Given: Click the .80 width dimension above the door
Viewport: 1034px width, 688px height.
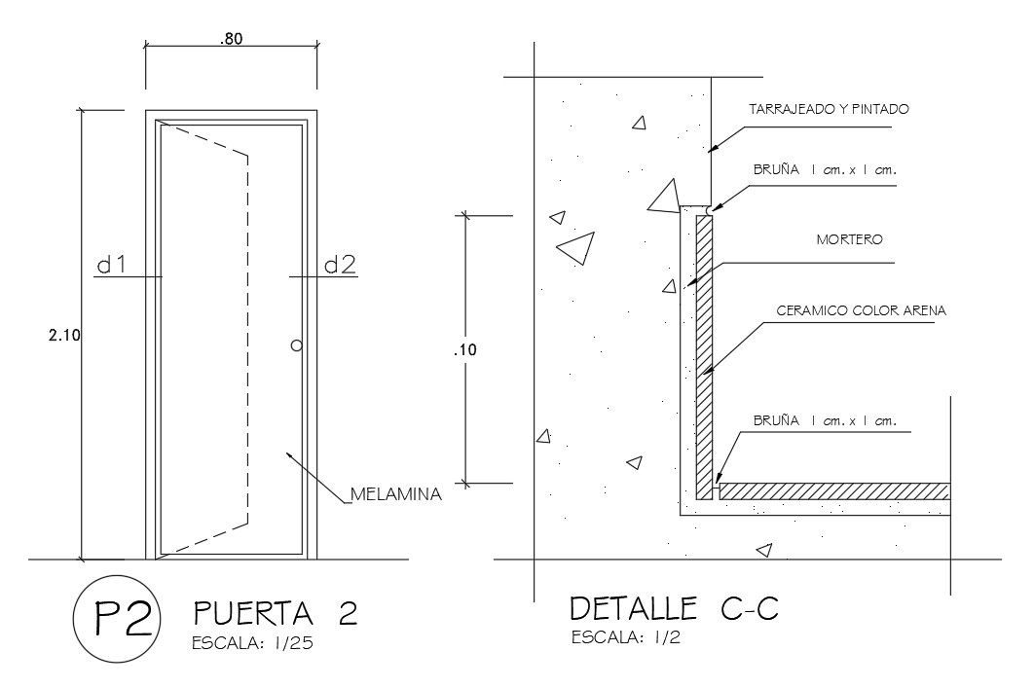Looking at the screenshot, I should click(x=231, y=40).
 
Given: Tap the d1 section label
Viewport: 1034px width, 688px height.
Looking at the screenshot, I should click(x=112, y=265).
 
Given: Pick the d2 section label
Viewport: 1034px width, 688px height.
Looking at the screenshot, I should click(x=340, y=265).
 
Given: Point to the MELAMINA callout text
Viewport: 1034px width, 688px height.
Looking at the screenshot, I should click(x=396, y=494).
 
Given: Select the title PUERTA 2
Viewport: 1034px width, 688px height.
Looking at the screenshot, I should click(x=277, y=612).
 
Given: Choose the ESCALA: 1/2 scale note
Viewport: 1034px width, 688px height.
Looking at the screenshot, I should click(x=625, y=638).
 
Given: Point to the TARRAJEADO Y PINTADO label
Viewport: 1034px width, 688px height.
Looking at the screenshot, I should click(x=829, y=109).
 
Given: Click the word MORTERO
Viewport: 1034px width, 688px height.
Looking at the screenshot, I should click(x=849, y=238).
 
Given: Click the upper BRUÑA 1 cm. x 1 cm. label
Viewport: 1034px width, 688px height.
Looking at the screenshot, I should click(x=824, y=169).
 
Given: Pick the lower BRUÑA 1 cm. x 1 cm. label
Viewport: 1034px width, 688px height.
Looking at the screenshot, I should click(x=824, y=421).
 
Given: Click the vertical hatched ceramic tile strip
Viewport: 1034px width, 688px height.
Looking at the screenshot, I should click(x=705, y=350).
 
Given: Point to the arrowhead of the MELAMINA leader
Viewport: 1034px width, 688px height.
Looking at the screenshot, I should click(x=288, y=453).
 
